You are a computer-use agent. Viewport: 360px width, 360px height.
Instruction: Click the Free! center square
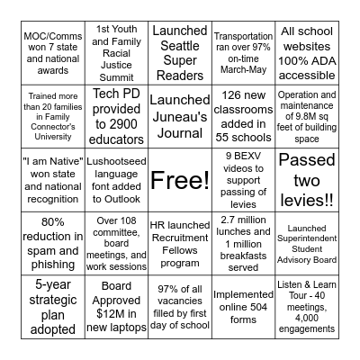coord(180,180)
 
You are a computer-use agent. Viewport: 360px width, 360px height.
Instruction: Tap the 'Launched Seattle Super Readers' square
coord(180,54)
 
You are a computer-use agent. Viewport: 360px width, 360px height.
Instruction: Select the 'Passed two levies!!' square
coord(308,180)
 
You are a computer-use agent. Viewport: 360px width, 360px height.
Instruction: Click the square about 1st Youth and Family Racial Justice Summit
coord(116,54)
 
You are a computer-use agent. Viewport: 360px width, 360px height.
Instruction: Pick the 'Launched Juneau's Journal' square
coord(180,117)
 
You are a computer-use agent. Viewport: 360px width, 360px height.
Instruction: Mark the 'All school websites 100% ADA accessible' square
coord(308,54)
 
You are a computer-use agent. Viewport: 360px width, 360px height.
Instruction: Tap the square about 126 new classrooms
coord(244,117)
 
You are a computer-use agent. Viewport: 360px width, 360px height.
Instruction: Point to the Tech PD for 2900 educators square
coord(116,117)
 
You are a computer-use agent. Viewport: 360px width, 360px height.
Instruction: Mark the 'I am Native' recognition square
coord(52,180)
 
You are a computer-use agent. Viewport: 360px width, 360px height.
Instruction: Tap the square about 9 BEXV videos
coord(244,180)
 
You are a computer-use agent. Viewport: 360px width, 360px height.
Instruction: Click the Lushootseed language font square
coord(116,180)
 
